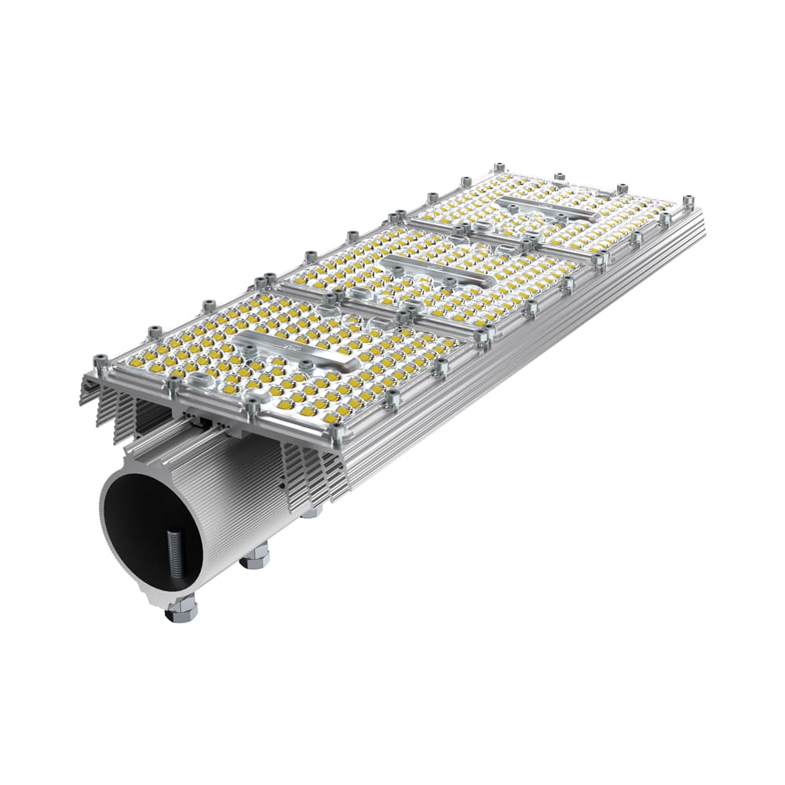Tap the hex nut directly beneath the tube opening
181,609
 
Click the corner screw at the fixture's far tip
688,201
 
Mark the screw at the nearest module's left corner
100,362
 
